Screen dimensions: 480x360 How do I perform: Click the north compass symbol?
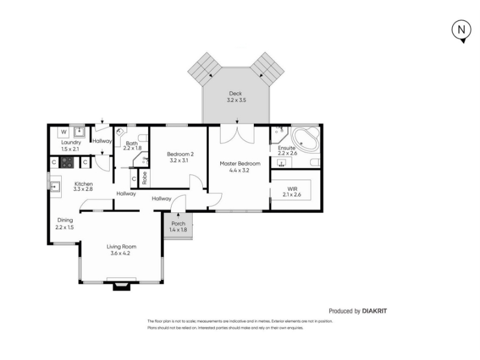461,31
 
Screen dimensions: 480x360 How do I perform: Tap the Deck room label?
235,94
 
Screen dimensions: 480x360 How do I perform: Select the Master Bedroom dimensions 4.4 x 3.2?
239,170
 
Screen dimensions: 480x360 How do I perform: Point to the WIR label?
292,189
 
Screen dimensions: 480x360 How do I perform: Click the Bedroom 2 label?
180,154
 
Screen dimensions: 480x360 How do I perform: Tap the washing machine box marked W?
64,132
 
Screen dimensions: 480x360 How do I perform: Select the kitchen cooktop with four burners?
67,162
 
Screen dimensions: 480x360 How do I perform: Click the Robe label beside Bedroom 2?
145,178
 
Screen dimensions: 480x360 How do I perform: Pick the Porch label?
178,223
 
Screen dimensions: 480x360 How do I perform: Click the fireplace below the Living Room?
122,286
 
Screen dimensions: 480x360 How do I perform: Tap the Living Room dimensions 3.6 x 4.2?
121,253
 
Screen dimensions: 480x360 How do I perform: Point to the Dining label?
65,220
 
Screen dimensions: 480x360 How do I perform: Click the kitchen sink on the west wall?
55,187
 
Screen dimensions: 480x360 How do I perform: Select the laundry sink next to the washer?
79,132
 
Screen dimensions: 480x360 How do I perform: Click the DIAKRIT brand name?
374,311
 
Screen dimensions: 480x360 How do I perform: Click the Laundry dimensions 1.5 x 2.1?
70,149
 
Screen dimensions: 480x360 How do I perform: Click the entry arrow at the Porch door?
178,216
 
